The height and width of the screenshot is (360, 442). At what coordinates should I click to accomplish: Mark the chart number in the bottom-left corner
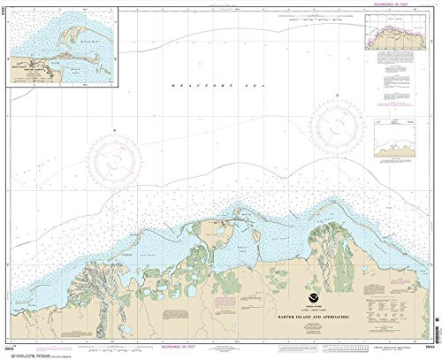pos(11,349)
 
